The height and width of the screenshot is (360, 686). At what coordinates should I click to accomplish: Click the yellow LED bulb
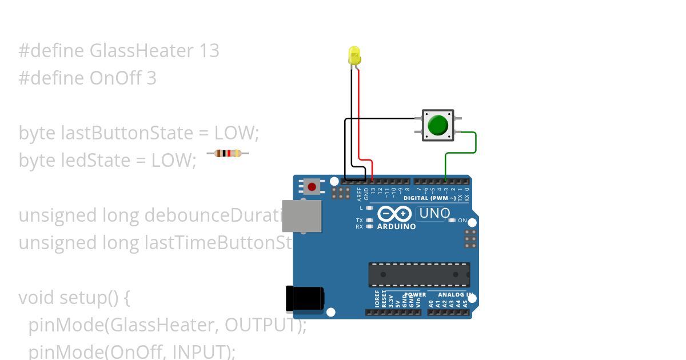[354, 56]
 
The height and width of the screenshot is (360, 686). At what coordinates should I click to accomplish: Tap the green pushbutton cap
[438, 125]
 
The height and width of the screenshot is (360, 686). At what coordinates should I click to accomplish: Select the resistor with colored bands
[228, 153]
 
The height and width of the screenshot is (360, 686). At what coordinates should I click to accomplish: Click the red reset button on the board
[312, 186]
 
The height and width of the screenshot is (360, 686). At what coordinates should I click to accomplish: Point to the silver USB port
[301, 216]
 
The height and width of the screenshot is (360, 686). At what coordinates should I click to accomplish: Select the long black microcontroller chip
[419, 275]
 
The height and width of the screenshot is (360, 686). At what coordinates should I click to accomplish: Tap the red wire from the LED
[359, 114]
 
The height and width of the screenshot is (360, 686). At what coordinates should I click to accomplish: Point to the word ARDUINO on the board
[396, 226]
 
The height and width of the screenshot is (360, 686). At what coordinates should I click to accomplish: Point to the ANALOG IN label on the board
[455, 295]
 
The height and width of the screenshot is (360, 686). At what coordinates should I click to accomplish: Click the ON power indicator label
[462, 220]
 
